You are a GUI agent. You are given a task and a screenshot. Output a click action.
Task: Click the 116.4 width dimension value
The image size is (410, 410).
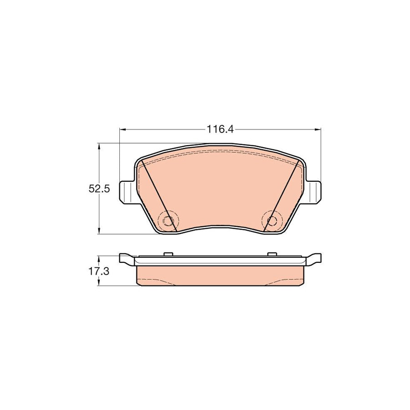tap(220, 129)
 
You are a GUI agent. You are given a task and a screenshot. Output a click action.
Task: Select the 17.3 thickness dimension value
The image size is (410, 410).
tap(99, 272)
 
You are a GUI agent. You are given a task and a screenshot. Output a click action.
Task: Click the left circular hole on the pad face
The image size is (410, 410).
tap(169, 221)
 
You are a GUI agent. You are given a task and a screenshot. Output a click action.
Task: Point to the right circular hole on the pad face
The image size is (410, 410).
tap(272, 221)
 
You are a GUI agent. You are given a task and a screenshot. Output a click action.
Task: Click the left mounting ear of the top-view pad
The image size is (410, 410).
tap(127, 191)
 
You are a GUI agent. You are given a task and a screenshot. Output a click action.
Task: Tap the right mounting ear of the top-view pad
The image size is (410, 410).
tap(313, 191)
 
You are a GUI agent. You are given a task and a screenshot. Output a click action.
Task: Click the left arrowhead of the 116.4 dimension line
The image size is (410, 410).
tap(122, 130)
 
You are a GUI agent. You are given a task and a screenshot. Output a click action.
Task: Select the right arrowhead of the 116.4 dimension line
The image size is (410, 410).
tap(318, 130)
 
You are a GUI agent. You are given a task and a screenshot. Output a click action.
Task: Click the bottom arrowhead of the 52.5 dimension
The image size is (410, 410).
tap(99, 232)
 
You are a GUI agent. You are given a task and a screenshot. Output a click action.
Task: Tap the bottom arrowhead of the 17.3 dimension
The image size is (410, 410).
tap(99, 284)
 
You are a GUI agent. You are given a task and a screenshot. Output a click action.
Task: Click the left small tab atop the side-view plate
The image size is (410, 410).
tap(167, 254)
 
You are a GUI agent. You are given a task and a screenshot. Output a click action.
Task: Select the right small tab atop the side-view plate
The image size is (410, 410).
tap(272, 254)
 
